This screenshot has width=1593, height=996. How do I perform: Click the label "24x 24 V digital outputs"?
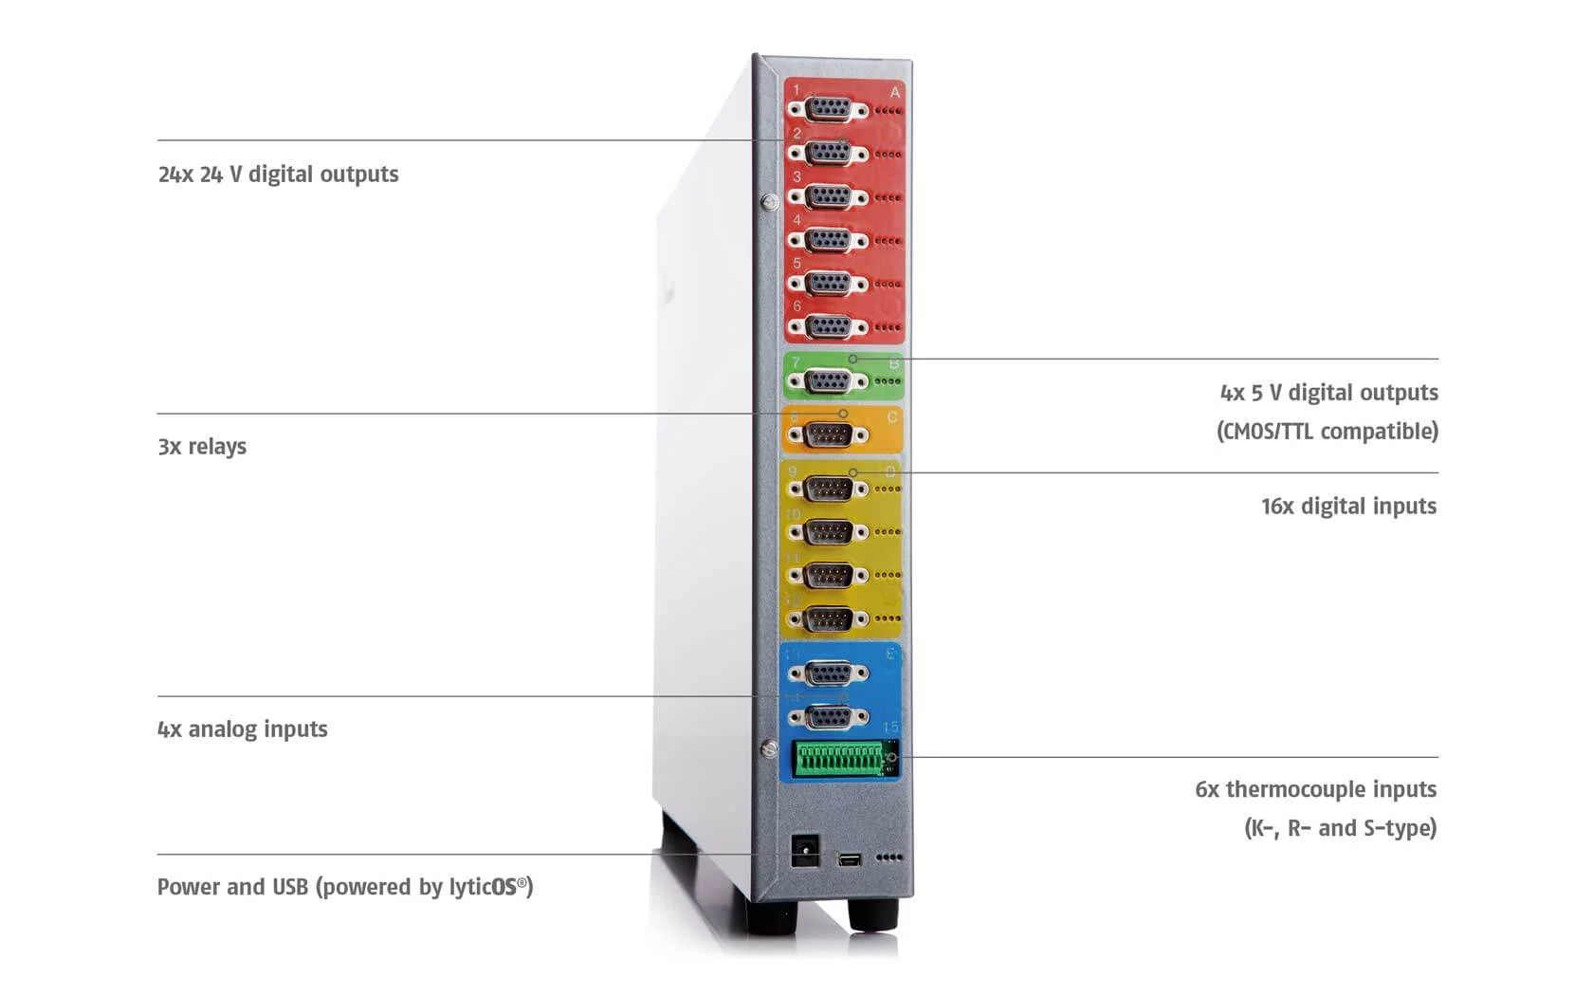pyautogui.click(x=278, y=175)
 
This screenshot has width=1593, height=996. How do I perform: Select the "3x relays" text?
pyautogui.click(x=202, y=447)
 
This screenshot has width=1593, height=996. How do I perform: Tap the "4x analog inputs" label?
pyautogui.click(x=243, y=729)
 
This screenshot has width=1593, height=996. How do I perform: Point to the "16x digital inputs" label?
pyautogui.click(x=1348, y=507)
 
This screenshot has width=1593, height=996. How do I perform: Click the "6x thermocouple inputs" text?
pyautogui.click(x=1315, y=789)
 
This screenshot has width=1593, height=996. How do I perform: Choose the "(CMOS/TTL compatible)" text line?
pyautogui.click(x=1327, y=432)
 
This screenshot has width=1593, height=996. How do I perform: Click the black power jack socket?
pyautogui.click(x=805, y=850)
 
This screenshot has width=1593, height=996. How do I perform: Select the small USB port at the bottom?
pyautogui.click(x=850, y=859)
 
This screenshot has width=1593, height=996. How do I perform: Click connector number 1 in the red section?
pyautogui.click(x=829, y=110)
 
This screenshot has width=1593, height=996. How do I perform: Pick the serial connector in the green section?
pyautogui.click(x=829, y=381)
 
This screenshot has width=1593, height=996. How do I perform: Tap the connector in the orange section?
pyautogui.click(x=829, y=435)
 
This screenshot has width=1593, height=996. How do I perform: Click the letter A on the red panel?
pyautogui.click(x=894, y=93)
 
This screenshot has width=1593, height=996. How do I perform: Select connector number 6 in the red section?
pyautogui.click(x=829, y=327)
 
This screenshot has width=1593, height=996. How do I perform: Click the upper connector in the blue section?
pyautogui.click(x=829, y=673)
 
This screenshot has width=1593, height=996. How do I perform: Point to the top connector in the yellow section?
pyautogui.click(x=829, y=489)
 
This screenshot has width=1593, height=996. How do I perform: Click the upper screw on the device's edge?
pyautogui.click(x=770, y=201)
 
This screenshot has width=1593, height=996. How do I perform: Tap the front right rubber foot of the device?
pyautogui.click(x=872, y=914)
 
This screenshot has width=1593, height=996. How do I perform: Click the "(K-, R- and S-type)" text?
pyautogui.click(x=1340, y=828)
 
